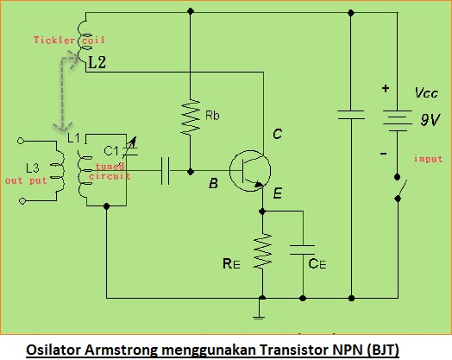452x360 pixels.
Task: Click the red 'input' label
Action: [428, 159]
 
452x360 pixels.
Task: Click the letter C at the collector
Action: [278, 134]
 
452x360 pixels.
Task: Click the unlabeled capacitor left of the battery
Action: [350, 115]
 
